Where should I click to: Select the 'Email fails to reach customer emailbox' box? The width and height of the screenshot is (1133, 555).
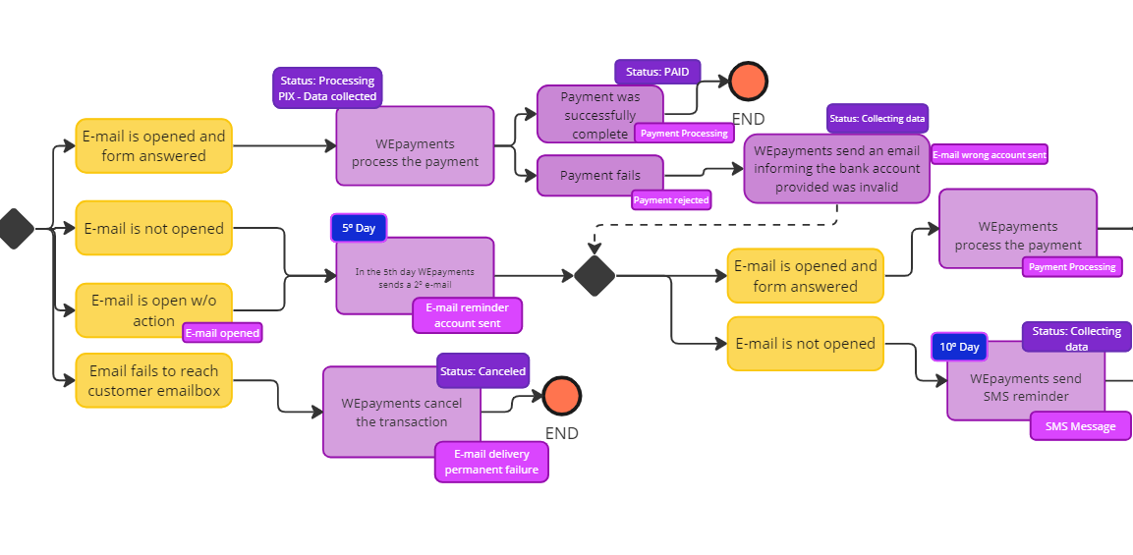(x=153, y=380)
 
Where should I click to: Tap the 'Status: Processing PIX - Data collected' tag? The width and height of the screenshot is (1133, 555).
(x=327, y=88)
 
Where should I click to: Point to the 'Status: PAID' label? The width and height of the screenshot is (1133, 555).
(x=657, y=72)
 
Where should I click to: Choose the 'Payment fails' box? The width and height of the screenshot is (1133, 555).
(x=600, y=175)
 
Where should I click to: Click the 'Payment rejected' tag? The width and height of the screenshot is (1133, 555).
(x=671, y=200)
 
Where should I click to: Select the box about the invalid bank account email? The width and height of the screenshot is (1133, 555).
(x=836, y=169)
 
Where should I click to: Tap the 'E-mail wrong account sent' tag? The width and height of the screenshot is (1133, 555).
(x=989, y=154)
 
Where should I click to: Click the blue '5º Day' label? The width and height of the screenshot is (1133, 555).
(x=359, y=228)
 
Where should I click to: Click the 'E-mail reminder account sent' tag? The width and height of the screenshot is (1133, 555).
(x=468, y=315)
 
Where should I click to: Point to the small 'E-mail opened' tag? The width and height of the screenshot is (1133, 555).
(x=223, y=333)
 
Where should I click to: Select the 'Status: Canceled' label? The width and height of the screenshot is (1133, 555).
(x=482, y=371)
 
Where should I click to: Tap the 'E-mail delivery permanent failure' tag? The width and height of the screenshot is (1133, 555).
(x=491, y=462)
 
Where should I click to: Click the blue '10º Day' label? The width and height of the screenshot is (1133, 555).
(x=959, y=348)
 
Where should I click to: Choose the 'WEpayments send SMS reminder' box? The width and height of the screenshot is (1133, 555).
(x=1025, y=387)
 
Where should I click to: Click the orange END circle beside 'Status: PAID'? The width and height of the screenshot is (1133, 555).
(x=748, y=82)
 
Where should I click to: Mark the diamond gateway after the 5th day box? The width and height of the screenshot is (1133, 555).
(x=595, y=275)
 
